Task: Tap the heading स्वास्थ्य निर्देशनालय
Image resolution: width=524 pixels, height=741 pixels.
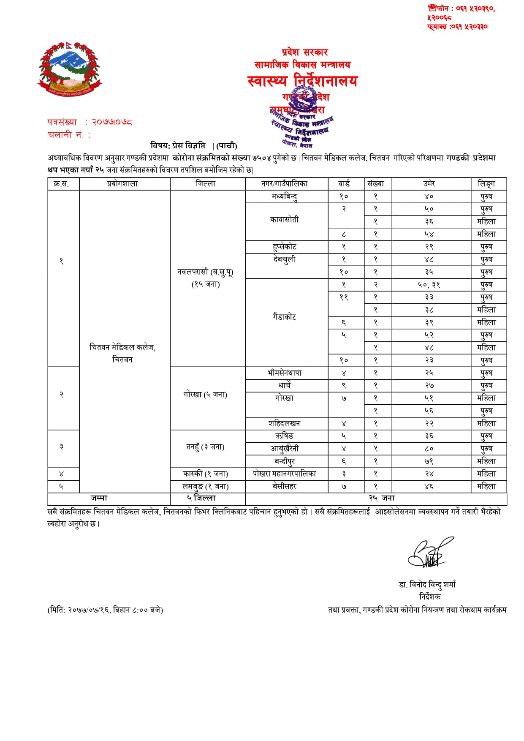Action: (x=302, y=81)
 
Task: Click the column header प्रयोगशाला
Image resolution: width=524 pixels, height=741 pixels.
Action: (x=122, y=184)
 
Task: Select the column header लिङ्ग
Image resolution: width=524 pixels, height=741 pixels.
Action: (x=486, y=184)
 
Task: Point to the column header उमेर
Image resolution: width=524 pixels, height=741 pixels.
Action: (x=429, y=184)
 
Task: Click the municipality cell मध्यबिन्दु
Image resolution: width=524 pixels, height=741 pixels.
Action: (x=285, y=196)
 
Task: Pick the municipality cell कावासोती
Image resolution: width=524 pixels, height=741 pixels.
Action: (x=285, y=220)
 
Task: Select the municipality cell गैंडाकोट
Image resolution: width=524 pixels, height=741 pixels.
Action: (x=285, y=317)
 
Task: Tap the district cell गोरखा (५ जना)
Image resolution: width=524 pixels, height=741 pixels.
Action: (x=206, y=395)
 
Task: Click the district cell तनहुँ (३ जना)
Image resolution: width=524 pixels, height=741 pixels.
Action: (x=206, y=447)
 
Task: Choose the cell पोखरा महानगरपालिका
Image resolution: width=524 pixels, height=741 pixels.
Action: (x=285, y=474)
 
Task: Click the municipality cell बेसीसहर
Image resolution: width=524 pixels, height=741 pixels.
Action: (x=285, y=487)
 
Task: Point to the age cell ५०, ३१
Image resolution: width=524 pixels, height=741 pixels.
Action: (x=429, y=285)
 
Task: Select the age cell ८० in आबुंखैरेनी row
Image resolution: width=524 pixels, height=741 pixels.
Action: (x=429, y=449)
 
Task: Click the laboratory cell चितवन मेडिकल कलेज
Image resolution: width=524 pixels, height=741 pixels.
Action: (x=122, y=353)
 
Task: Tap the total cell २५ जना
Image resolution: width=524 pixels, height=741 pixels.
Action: (x=382, y=499)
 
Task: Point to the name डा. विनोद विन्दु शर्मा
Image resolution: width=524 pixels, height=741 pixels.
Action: (x=427, y=585)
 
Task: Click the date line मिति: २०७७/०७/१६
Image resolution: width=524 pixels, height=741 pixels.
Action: (x=105, y=610)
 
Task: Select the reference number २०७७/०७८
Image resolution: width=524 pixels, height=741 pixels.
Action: (x=112, y=123)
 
